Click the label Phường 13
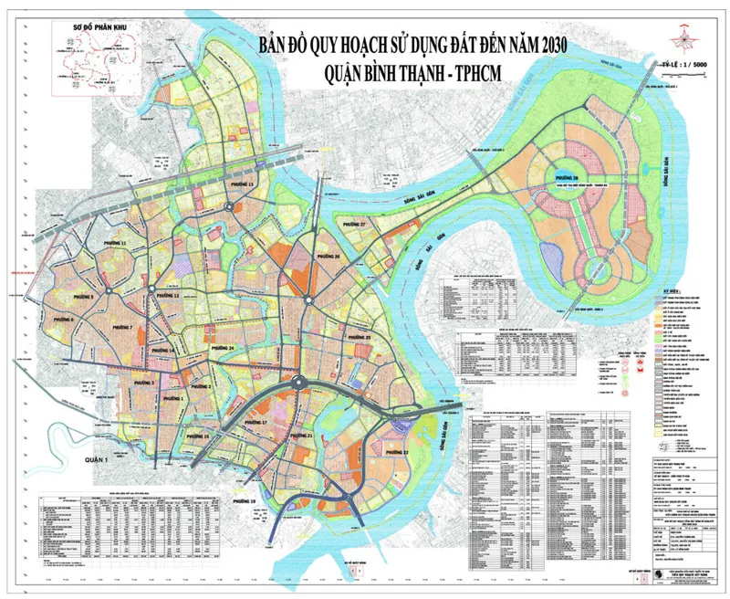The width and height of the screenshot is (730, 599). click(244, 185)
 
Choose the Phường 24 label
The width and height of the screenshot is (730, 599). click(219, 350)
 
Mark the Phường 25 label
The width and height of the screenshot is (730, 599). click(358, 339)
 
